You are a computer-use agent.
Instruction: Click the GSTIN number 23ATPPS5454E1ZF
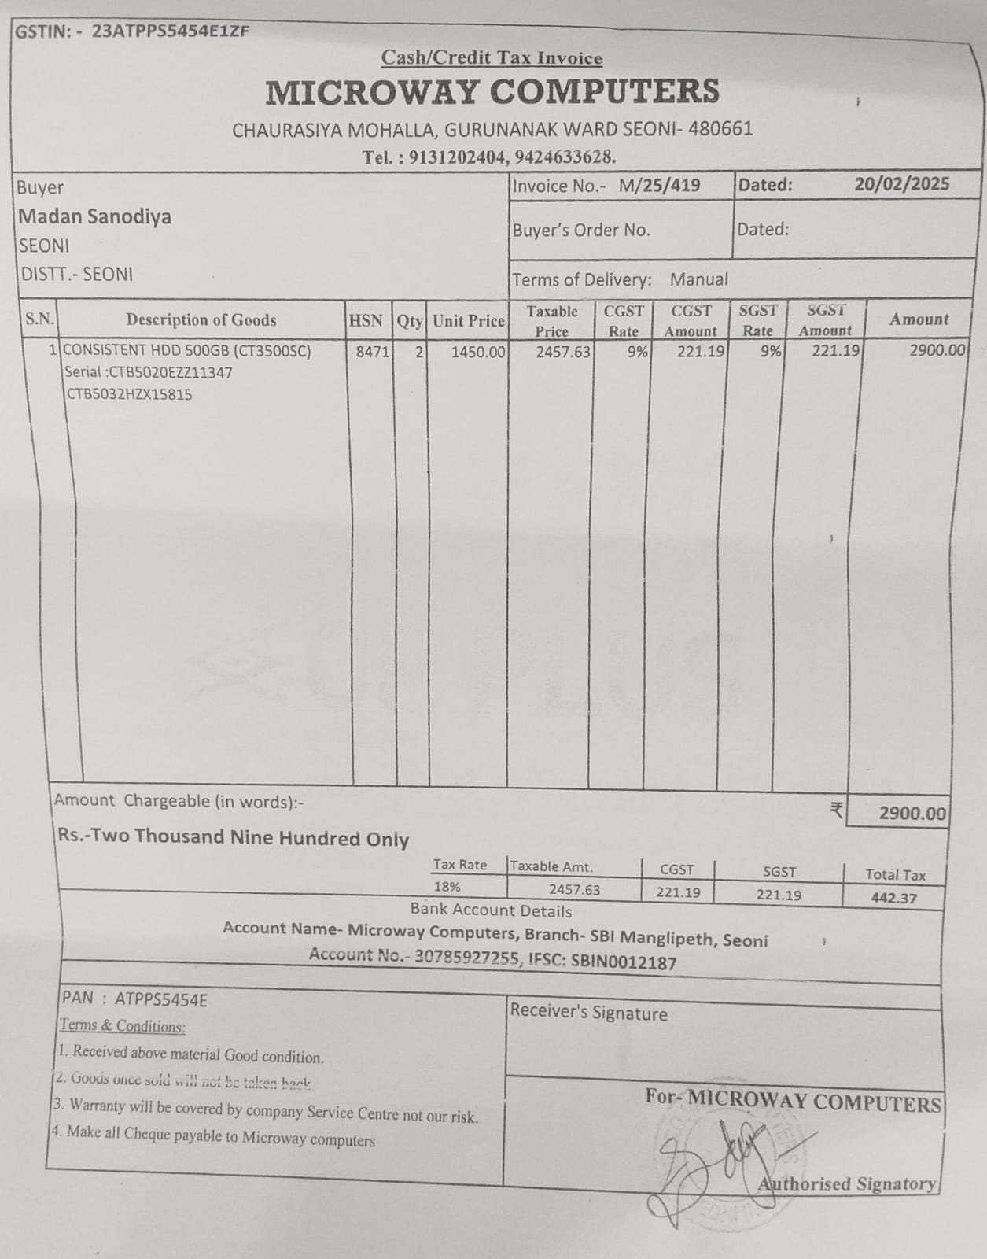[171, 31]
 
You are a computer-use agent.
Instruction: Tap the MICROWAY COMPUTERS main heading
[492, 92]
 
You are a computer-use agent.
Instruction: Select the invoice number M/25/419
[659, 186]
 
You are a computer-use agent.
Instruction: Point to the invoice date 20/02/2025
[901, 184]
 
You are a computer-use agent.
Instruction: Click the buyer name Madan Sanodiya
[94, 216]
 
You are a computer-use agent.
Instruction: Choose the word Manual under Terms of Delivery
[698, 279]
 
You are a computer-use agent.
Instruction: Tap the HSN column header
[365, 321]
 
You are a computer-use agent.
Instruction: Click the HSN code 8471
[372, 352]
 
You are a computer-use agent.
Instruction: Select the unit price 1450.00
[477, 352]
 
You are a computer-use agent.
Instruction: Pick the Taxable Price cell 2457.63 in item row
[562, 352]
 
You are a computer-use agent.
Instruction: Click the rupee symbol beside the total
[837, 810]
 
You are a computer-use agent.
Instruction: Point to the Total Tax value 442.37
[893, 898]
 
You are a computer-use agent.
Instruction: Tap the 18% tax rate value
[447, 887]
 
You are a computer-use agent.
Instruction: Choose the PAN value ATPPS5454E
[161, 999]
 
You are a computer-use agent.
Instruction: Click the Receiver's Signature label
[588, 1012]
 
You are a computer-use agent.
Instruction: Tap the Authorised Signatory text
[846, 1183]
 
